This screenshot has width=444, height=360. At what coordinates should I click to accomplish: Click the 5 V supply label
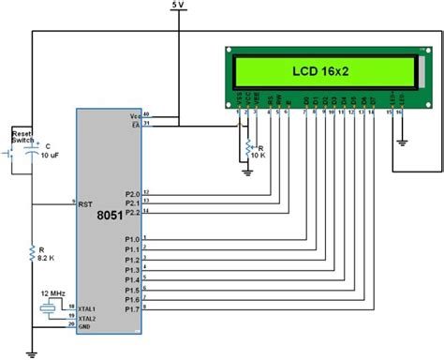click(x=179, y=6)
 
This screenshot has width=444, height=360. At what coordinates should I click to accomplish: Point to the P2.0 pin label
click(x=132, y=193)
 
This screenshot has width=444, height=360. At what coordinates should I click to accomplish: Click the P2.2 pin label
click(x=132, y=213)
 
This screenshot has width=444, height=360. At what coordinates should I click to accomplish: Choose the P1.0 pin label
click(x=132, y=238)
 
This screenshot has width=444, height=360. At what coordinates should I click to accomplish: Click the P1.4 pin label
click(x=132, y=278)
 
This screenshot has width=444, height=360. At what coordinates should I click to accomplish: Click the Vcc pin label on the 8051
click(x=135, y=116)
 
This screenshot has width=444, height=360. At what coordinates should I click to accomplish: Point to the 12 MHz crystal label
click(x=52, y=294)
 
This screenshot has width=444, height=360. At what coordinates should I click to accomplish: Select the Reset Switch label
click(x=23, y=139)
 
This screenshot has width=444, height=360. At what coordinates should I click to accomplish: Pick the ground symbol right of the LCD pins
click(x=401, y=142)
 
